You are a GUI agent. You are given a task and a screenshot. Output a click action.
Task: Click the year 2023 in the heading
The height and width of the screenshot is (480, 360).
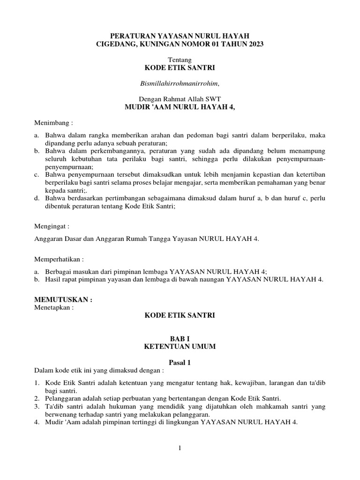[x=253, y=44]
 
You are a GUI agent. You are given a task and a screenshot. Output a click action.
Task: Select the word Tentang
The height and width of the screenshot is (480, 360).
[x=180, y=60]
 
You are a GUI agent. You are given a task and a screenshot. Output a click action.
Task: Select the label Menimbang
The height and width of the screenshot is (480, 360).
[x=52, y=123]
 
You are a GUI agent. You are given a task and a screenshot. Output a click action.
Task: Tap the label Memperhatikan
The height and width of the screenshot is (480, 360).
[x=58, y=259]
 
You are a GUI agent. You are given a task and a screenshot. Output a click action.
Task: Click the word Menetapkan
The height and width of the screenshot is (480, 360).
[x=52, y=308]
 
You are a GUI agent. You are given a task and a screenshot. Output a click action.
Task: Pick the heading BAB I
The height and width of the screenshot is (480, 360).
[x=180, y=338]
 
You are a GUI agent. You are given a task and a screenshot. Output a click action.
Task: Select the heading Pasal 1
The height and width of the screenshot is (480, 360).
[x=180, y=362]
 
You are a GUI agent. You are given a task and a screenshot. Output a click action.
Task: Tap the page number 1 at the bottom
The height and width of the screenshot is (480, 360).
[x=180, y=448]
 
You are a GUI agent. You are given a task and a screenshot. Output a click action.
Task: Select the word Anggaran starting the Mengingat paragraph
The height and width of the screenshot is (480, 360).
[x=49, y=239]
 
